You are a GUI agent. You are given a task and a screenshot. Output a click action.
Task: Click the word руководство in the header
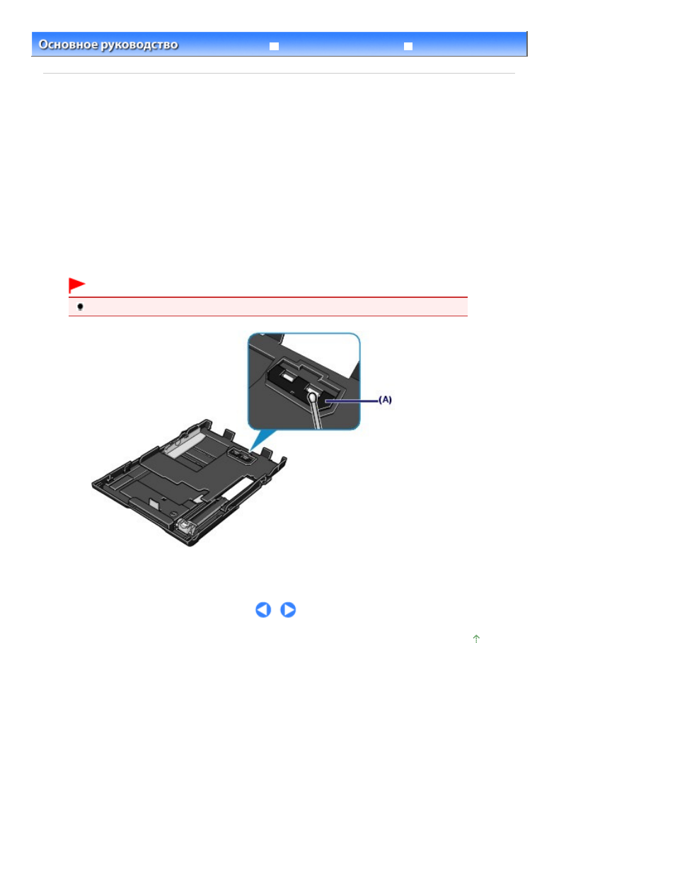139,45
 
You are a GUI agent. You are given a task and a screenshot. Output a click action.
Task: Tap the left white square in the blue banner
275,46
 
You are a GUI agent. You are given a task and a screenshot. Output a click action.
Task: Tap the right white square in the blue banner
408,46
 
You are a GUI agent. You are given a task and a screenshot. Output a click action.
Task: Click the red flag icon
76,284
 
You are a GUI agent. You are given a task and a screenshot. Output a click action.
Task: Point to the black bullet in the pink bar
81,307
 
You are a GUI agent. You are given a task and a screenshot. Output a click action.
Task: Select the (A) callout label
385,399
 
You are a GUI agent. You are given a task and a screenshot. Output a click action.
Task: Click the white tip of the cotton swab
312,398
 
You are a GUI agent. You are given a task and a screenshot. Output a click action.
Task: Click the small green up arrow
476,638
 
